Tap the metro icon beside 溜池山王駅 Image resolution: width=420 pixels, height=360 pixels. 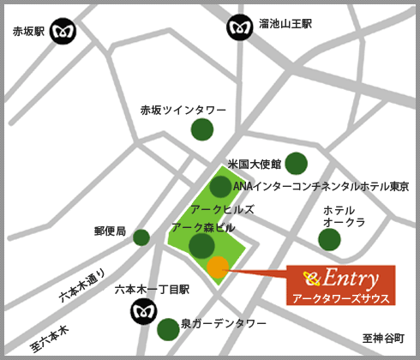[240, 27]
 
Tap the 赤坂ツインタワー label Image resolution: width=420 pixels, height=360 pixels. [183, 111]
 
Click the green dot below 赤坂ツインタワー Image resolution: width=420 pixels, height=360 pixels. [202, 129]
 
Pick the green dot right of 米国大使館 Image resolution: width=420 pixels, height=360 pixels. [296, 163]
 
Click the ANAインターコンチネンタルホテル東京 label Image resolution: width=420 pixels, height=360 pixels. [321, 186]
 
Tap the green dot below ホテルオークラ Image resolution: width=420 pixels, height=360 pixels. [330, 239]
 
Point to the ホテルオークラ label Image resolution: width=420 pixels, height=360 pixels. [345, 215]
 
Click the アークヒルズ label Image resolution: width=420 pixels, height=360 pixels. [222, 209]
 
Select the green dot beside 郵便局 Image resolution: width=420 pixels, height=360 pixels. [141, 237]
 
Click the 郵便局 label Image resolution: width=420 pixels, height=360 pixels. [111, 231]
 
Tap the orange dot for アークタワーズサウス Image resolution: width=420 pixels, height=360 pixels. [218, 267]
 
